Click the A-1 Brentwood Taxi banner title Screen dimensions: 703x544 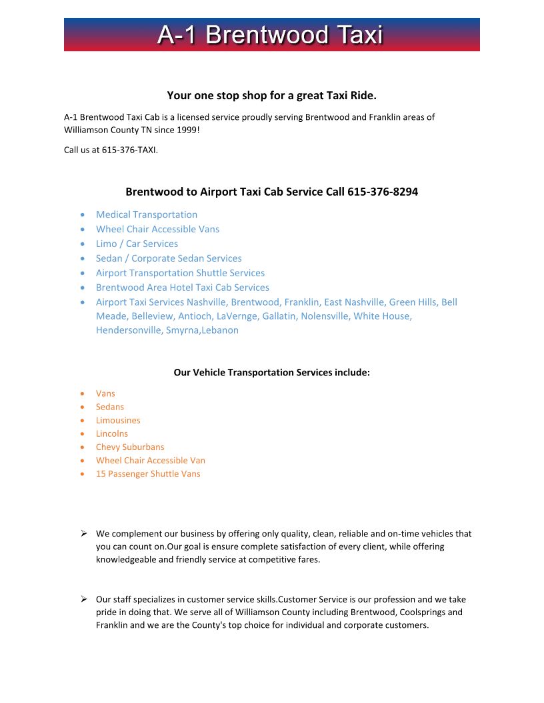271,35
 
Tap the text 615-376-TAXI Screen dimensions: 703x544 129,150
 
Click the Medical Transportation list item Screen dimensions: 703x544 147,214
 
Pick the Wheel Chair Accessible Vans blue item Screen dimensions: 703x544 157,229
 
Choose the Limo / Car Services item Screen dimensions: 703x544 137,244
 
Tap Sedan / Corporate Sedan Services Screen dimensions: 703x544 169,258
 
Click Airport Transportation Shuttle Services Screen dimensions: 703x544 180,273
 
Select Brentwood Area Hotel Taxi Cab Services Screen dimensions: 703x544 183,288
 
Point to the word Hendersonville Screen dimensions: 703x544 129,330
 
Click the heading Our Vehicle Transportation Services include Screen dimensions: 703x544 271,372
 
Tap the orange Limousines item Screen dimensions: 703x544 118,420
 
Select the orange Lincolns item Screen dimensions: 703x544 112,433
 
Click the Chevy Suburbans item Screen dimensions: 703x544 130,447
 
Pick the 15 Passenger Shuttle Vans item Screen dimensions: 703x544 148,473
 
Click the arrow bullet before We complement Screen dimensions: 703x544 84,533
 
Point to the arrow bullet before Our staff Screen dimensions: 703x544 84,599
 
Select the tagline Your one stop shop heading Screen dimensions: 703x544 272,95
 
